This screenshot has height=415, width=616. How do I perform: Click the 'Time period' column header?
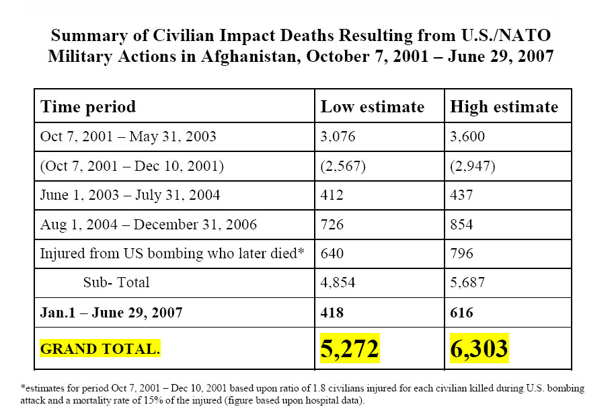[x=88, y=107]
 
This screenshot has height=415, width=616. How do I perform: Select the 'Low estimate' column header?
[x=372, y=107]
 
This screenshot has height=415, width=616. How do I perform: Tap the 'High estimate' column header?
[x=504, y=107]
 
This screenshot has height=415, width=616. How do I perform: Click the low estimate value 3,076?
[x=338, y=137]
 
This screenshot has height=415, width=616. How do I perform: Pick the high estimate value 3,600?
[x=468, y=137]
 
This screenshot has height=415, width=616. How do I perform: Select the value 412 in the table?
[x=332, y=195]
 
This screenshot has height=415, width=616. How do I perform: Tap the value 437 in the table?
[x=462, y=195]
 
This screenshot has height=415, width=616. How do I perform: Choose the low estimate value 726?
[x=332, y=224]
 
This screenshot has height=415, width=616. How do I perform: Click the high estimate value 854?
[x=462, y=224]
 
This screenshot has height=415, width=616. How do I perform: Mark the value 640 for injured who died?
[x=332, y=254]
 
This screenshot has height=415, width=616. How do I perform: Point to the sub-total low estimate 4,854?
[x=338, y=282]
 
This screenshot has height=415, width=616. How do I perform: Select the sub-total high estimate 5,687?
[x=468, y=282]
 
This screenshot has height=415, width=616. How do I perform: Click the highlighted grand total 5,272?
[x=350, y=348]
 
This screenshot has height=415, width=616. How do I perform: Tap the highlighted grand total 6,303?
[x=479, y=348]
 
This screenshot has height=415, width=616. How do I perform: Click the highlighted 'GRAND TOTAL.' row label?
[x=100, y=349]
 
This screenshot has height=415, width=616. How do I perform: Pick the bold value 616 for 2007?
[x=462, y=313]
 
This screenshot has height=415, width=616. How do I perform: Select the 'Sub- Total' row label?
[x=116, y=282]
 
